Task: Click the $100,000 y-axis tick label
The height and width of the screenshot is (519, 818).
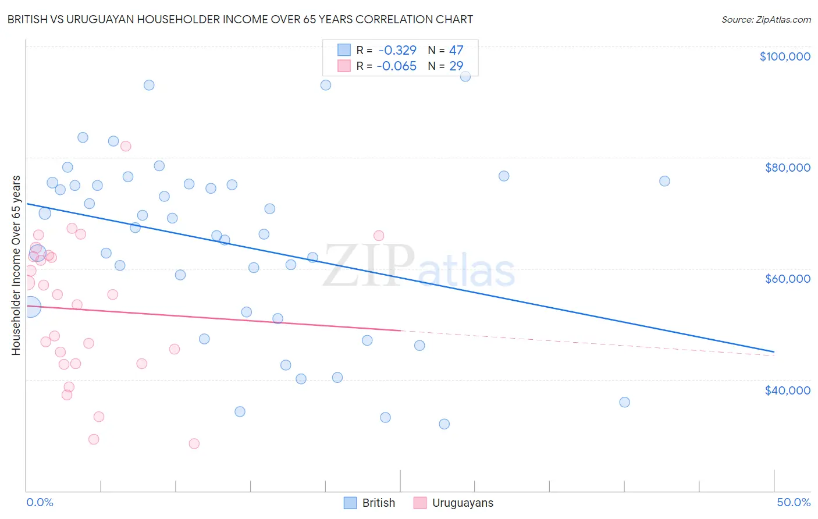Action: (785, 56)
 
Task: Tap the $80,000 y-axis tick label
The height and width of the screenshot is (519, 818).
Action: (787, 168)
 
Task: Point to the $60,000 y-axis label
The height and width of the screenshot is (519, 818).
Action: (787, 279)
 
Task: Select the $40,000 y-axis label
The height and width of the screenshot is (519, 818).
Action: (787, 390)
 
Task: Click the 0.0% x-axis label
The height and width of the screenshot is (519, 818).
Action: (40, 502)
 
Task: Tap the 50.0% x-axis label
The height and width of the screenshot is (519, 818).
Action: (793, 502)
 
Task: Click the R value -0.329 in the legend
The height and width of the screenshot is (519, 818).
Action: (397, 50)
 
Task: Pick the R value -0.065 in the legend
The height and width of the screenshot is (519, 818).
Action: (397, 66)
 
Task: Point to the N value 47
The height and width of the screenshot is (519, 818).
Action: (456, 50)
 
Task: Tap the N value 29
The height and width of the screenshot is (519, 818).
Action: (456, 66)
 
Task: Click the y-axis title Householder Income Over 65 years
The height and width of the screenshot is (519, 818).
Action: (16, 265)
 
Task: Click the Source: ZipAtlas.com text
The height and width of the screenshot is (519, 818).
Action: (766, 19)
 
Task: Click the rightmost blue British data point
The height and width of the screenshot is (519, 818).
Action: (664, 181)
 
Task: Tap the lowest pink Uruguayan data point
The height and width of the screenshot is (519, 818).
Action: (194, 443)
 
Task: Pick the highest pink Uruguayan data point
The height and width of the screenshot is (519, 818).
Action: (126, 146)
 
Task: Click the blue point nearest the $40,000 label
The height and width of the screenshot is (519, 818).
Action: (624, 402)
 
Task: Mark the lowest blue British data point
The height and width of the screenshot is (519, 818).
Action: (444, 424)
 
